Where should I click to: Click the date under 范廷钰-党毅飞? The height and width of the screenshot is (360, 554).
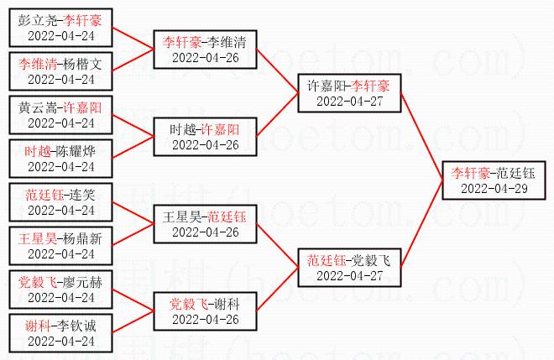[348, 274]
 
